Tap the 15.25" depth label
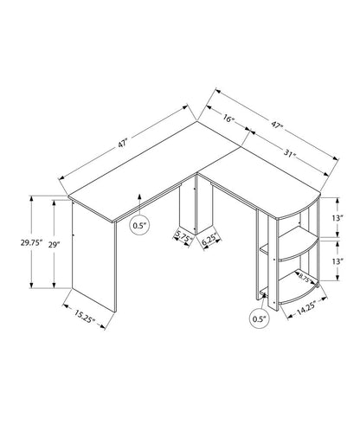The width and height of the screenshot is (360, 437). coord(84,315)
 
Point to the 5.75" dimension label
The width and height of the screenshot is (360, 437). coord(183,235)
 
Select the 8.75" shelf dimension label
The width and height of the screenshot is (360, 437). coord(305,278)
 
